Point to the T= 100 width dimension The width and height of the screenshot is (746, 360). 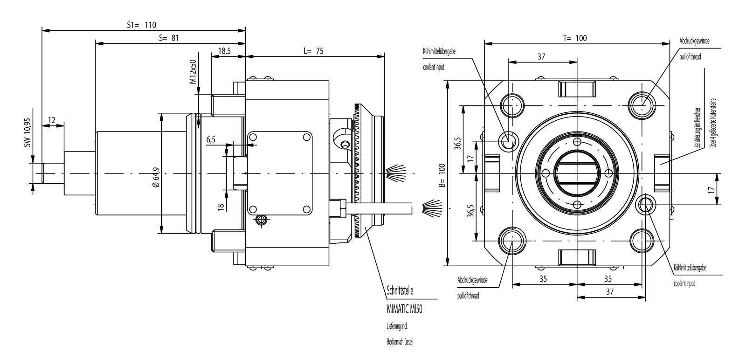pyautogui.click(x=575, y=38)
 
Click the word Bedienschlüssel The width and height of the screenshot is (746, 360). pyautogui.click(x=400, y=341)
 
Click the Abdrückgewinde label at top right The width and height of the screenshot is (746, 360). pyautogui.click(x=694, y=42)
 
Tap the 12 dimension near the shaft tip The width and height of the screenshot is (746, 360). pyautogui.click(x=51, y=120)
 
